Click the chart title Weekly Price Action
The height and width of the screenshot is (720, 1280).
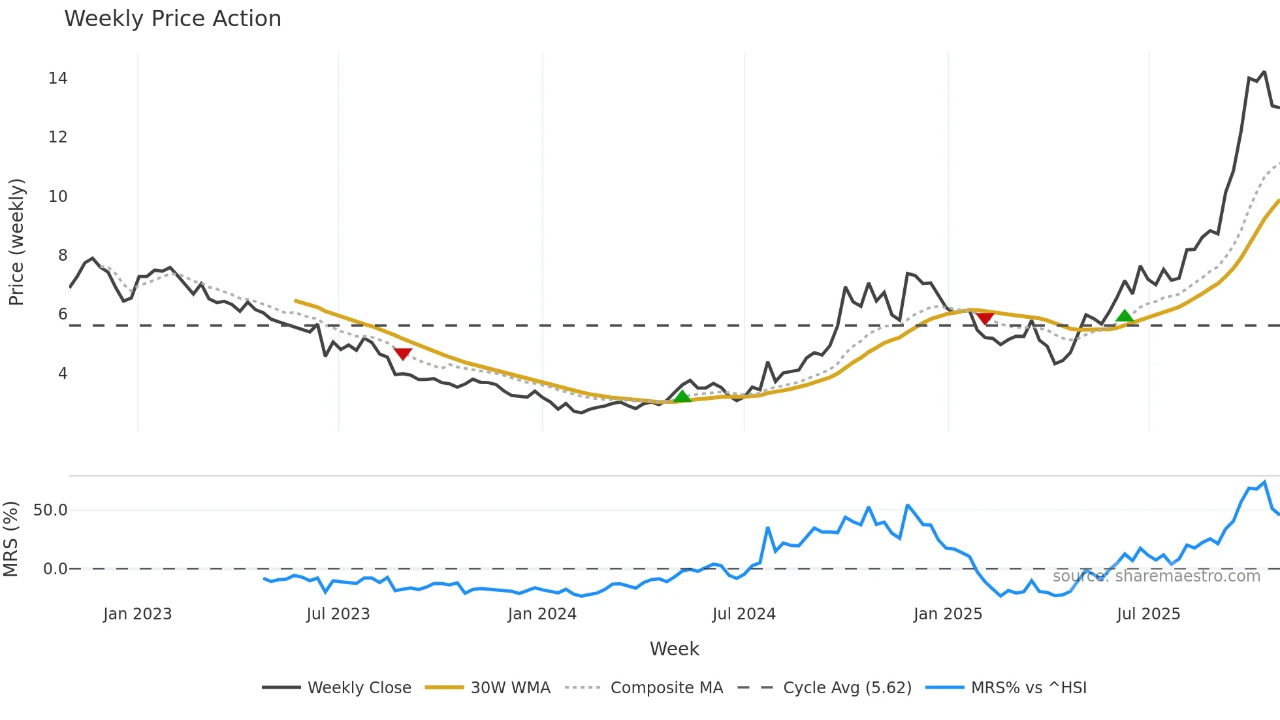172,19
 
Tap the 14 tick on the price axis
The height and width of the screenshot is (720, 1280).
57,78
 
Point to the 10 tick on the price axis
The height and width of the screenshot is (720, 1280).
57,196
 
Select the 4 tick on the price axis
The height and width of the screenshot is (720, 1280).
63,373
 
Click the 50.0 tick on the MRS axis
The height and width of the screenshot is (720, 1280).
50,510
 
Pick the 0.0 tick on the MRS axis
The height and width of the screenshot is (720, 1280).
55,568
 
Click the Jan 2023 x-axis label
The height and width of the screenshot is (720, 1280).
137,614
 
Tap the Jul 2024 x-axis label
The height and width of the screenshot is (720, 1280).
744,614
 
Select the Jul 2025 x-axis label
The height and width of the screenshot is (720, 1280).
1148,614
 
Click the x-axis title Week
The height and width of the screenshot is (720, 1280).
674,649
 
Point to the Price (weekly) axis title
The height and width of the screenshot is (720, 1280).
16,242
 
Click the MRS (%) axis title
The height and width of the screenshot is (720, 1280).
10,539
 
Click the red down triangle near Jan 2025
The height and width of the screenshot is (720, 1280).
985,318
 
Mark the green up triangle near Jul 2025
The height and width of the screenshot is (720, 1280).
1125,316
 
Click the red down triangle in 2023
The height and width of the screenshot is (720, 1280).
403,353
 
